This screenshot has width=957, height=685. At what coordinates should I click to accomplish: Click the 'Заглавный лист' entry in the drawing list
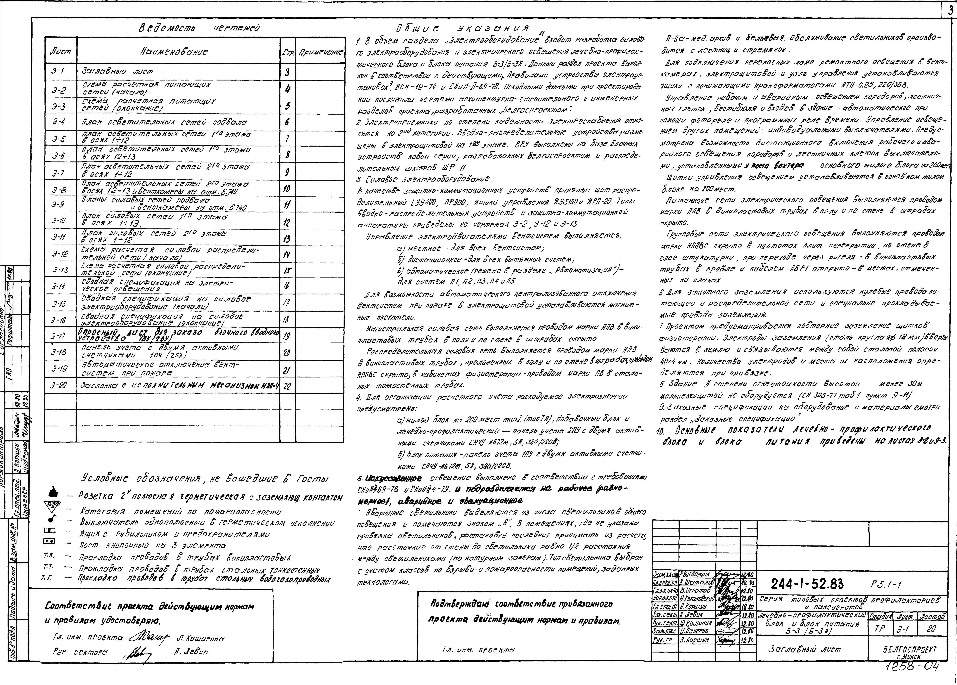coord(117,72)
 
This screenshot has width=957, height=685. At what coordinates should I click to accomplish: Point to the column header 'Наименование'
coord(174,52)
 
